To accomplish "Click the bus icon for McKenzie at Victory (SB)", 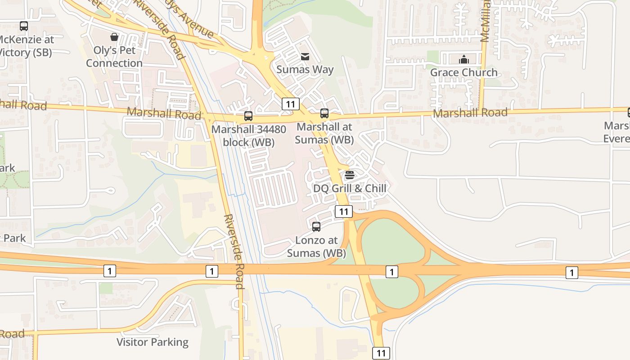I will tap(24, 26).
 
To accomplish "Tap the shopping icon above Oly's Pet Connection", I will tap(114, 37).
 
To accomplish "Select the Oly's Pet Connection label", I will tap(114, 57).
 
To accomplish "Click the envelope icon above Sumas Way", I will tap(305, 57).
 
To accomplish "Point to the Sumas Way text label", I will tap(305, 69).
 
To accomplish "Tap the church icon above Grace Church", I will tap(464, 59).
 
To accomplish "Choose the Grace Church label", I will tap(464, 72).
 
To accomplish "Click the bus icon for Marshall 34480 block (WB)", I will tap(248, 116).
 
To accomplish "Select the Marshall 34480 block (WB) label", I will tap(249, 135).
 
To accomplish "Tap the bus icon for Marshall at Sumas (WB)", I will tap(324, 113).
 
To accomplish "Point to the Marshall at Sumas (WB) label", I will tap(324, 133).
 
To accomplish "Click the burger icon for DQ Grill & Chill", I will tap(350, 175).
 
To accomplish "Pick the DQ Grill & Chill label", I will tap(350, 188).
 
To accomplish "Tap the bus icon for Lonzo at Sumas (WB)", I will tap(316, 227).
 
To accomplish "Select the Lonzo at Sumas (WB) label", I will tap(316, 247).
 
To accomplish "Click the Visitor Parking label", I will tap(153, 342).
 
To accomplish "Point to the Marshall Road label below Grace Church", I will tap(470, 112).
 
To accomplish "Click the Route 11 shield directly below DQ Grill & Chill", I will tap(344, 211).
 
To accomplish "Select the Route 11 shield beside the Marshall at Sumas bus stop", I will tap(291, 104).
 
